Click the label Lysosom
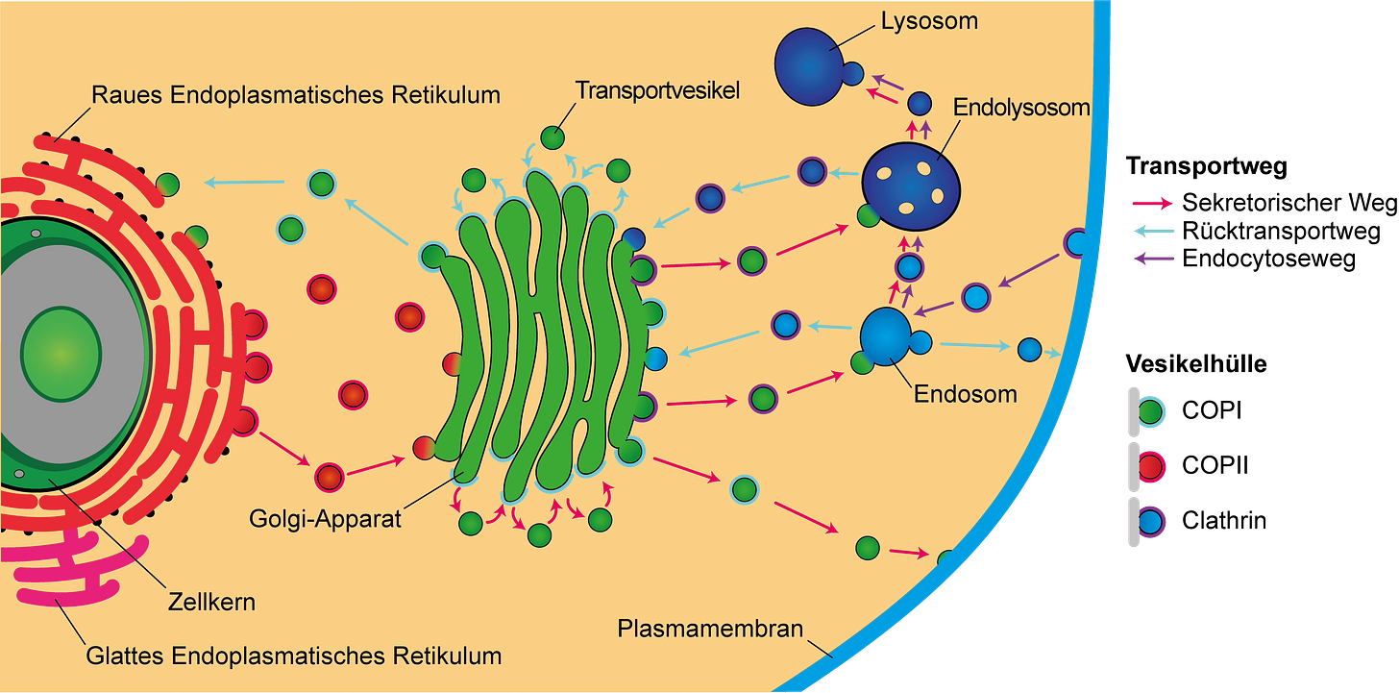click(929, 19)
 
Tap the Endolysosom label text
click(1021, 108)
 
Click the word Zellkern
click(211, 603)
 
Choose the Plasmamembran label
click(710, 631)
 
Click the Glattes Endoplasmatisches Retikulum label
click(294, 657)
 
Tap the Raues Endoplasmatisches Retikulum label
click(296, 95)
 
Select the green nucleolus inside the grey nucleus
click(61, 353)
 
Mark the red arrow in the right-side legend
click(1152, 204)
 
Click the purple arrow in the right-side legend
click(1154, 258)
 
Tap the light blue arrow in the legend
click(1154, 231)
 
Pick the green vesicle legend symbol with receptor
click(1149, 413)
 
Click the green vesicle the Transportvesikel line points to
click(552, 137)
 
